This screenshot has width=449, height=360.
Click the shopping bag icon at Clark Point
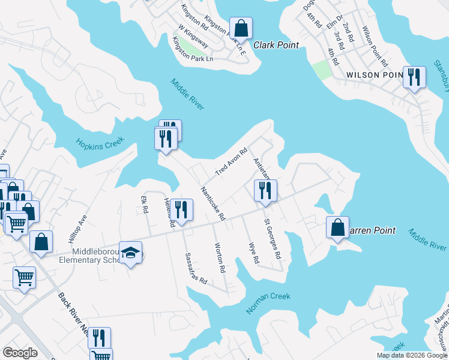[x=240, y=28]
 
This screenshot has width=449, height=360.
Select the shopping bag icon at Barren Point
[x=337, y=227]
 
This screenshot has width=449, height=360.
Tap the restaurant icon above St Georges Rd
[x=265, y=191]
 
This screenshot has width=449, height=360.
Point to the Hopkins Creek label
[x=100, y=143]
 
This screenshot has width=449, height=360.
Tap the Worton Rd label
[x=219, y=258]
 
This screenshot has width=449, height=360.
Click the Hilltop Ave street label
[x=78, y=227]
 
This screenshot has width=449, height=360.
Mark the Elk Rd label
[x=144, y=205]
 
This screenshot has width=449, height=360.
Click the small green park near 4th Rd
[x=321, y=70]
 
